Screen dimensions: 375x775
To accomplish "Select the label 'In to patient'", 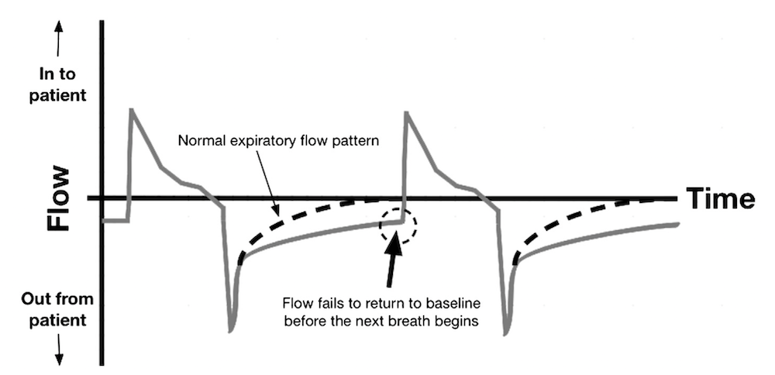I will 58,85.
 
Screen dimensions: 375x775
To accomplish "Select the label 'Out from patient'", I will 58,308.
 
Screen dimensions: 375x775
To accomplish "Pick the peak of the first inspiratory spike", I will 132,111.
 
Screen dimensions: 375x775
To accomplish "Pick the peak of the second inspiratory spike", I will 405,113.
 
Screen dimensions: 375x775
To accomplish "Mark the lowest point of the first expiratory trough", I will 231,330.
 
